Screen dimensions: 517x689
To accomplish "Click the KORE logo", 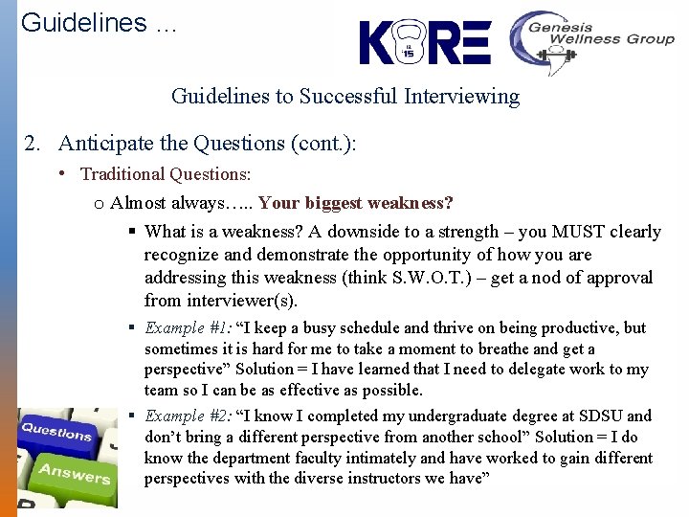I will click(x=425, y=43).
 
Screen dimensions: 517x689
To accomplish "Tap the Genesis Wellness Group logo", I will click(x=590, y=41).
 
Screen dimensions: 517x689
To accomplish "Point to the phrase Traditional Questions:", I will click(x=166, y=174).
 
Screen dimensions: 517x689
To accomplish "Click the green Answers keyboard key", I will click(x=75, y=473).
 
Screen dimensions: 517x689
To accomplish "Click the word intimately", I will click(x=337, y=458).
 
